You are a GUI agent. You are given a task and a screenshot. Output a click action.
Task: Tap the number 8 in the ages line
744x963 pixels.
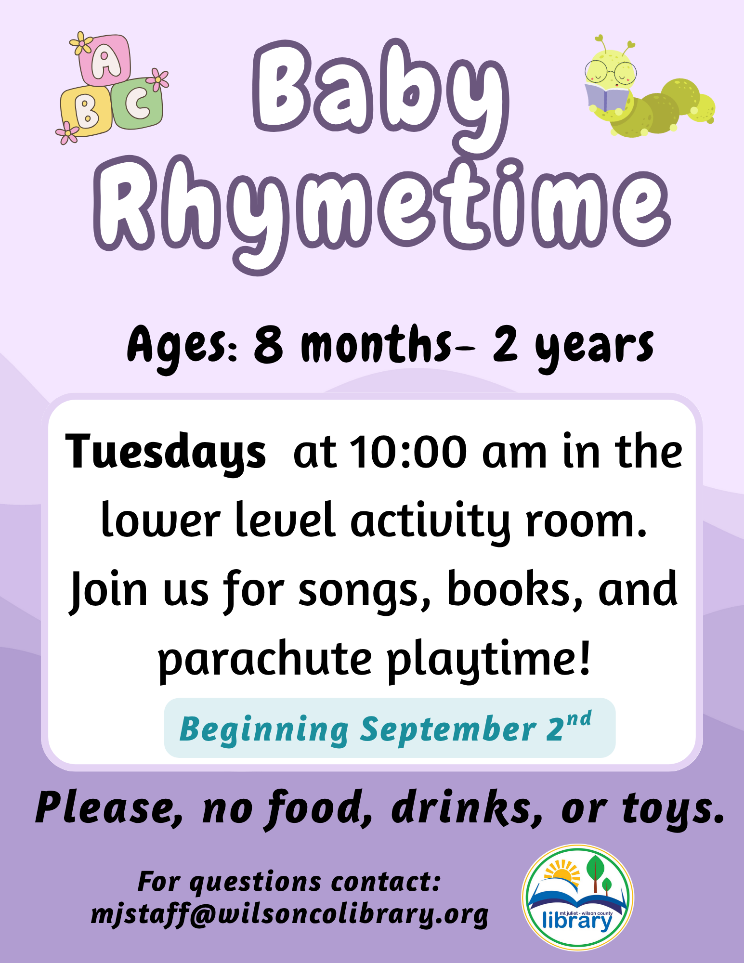(x=268, y=345)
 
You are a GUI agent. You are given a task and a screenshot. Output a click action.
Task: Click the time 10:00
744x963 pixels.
(x=408, y=452)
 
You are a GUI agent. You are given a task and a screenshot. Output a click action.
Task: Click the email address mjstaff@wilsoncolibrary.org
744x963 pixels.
(x=290, y=914)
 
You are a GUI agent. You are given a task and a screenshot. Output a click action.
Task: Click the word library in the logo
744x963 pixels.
(x=577, y=921)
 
